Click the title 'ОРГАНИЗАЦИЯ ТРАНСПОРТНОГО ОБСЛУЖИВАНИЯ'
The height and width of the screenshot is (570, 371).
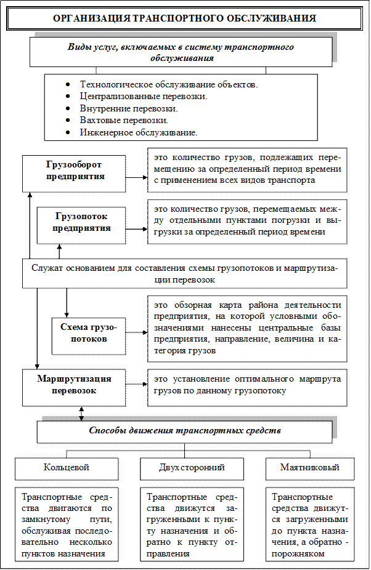tap(185, 18)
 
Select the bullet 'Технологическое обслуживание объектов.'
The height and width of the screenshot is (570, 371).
tap(169, 84)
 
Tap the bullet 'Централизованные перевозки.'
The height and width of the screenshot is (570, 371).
tap(143, 96)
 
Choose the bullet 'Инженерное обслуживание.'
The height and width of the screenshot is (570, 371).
tap(138, 132)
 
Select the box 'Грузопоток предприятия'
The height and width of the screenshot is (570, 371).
tap(82, 222)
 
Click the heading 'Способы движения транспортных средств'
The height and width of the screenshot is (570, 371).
tap(185, 431)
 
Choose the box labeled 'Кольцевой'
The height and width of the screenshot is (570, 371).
tap(66, 468)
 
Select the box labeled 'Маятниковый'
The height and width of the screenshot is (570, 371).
tap(309, 468)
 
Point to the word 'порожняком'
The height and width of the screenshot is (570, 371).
tap(301, 553)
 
